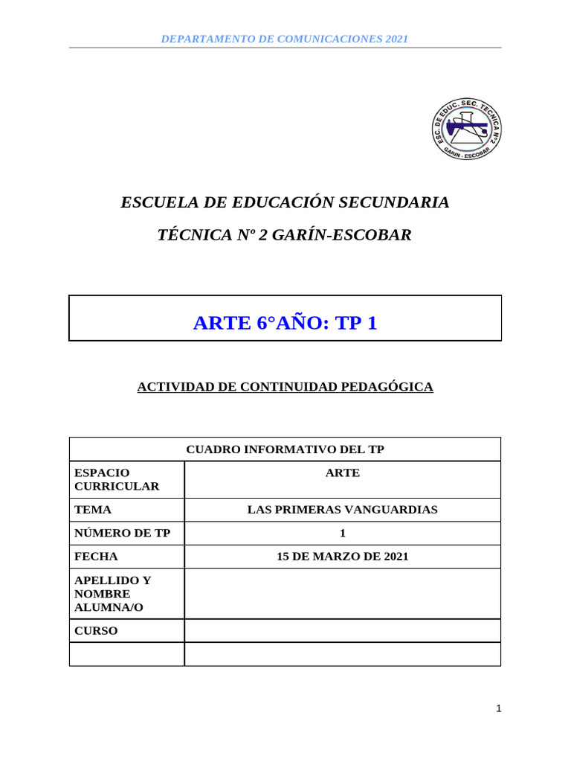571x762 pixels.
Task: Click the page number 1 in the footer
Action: coord(499,708)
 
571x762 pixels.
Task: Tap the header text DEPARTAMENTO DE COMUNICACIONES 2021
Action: coord(285,39)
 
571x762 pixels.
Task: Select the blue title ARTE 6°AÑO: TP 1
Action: coord(285,323)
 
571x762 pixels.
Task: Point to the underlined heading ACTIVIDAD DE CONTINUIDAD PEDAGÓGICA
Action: coord(285,387)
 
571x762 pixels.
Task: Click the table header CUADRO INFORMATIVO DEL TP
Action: coord(285,449)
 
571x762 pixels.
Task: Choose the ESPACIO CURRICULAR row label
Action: coord(117,479)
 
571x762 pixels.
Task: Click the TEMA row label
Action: coord(94,510)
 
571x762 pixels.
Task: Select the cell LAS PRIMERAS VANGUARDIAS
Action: coord(342,510)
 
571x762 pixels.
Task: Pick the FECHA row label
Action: coord(97,556)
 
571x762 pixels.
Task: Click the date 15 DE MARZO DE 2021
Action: coord(342,556)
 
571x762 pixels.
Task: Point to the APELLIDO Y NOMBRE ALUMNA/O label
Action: coord(112,594)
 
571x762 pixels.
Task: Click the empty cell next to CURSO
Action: coord(342,631)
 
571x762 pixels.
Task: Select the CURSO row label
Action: coord(97,631)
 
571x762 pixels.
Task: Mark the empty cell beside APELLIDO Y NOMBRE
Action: coord(342,594)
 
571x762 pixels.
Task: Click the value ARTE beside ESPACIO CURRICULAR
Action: coord(342,473)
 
